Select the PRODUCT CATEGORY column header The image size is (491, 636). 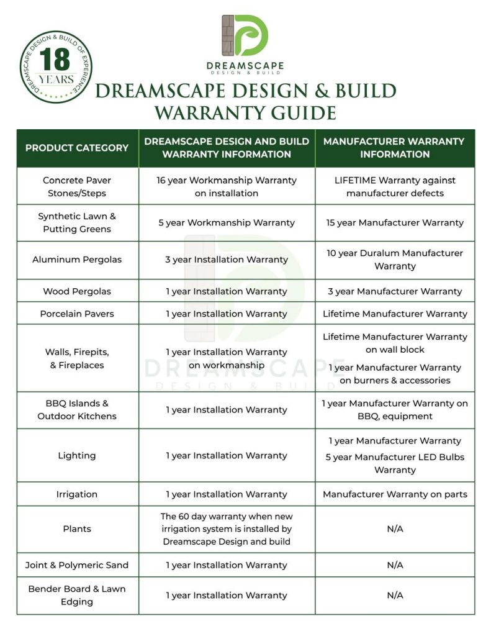point(77,148)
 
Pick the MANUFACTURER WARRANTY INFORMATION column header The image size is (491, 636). point(395,148)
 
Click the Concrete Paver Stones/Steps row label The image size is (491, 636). point(77,186)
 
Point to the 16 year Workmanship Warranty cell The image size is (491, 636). point(227,186)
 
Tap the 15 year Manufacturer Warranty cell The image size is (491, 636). point(395,222)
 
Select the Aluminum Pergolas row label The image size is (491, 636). point(77,260)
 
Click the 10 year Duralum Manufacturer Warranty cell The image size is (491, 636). point(395,260)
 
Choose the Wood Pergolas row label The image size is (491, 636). point(77,291)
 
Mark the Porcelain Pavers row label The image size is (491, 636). point(77,314)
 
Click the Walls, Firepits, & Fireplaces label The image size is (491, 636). point(77,358)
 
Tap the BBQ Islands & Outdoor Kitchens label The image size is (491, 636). point(77,410)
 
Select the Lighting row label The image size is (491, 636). point(77,455)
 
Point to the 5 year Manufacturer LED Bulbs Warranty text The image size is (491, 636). point(395,463)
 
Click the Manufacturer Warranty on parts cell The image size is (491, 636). point(395,494)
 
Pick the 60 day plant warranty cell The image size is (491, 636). point(227,529)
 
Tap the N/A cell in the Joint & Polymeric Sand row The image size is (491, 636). point(395,565)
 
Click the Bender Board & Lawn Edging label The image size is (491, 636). point(77,595)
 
